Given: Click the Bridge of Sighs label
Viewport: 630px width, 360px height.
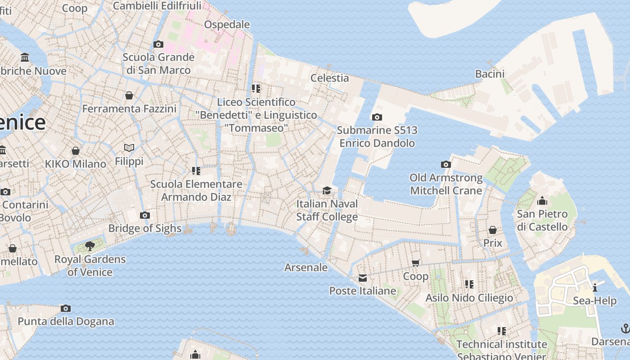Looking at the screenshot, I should tap(144, 228).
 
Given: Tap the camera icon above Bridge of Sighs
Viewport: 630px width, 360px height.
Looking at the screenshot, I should tap(144, 216).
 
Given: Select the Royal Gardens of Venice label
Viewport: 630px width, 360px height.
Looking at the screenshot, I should tap(90, 265).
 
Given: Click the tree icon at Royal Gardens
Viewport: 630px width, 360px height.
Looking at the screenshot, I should tap(90, 246).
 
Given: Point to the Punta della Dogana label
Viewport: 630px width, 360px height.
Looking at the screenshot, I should tap(66, 321).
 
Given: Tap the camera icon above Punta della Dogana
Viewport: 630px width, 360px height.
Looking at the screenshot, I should tap(66, 309).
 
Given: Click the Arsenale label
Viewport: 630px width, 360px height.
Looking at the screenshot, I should tap(306, 267).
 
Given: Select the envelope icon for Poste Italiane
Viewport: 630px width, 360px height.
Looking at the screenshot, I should tap(363, 278).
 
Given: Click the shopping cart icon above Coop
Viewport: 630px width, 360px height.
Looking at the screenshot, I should tap(416, 263).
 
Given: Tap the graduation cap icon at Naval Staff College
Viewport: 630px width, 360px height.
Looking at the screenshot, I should tap(327, 191).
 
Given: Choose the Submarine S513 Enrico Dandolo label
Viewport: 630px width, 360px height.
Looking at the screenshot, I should tap(377, 137).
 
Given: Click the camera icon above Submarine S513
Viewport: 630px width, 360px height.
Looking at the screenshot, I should tap(377, 117).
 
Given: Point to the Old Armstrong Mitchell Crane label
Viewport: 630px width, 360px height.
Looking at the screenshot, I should tap(446, 184).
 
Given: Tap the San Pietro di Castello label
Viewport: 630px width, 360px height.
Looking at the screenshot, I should tap(542, 220).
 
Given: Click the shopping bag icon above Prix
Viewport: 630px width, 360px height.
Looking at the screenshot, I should tap(493, 230).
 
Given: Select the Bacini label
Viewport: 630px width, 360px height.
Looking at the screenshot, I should tap(490, 74).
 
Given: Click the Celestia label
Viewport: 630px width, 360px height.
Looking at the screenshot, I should tap(330, 78).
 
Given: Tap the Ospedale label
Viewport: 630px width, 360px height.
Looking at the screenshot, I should tap(227, 24).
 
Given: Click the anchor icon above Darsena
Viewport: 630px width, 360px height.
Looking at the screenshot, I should tap(625, 328).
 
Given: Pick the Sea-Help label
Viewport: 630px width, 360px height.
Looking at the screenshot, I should tap(594, 301).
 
